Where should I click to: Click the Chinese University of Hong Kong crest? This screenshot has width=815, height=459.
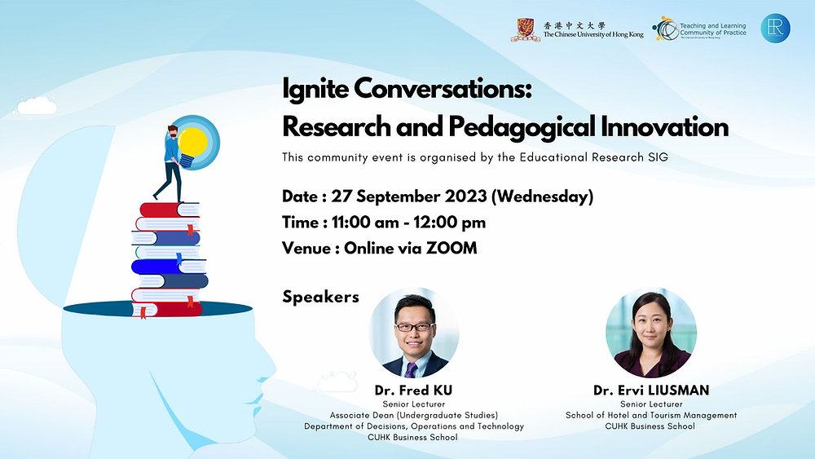[525, 29]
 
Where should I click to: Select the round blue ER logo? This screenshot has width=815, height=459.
[776, 28]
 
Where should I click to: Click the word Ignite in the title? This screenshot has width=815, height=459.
[315, 89]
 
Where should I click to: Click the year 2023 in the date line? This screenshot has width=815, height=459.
[465, 196]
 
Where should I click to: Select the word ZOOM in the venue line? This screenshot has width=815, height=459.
[452, 248]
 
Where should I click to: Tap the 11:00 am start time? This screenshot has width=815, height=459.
[365, 223]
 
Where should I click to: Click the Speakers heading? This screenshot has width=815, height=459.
[320, 297]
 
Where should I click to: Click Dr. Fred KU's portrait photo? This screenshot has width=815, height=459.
[414, 333]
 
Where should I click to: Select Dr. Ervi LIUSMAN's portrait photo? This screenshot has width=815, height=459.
[650, 333]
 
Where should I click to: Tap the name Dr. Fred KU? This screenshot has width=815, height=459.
[414, 391]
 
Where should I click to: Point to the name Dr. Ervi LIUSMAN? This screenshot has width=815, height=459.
[651, 391]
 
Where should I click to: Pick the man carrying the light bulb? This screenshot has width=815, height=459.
[170, 163]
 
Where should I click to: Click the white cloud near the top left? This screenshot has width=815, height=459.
[37, 106]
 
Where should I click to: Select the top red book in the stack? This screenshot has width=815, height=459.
[170, 210]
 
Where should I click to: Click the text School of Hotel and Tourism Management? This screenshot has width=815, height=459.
[651, 415]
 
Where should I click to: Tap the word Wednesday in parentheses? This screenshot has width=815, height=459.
[542, 196]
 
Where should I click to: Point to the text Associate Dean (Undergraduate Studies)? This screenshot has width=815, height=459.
[414, 415]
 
